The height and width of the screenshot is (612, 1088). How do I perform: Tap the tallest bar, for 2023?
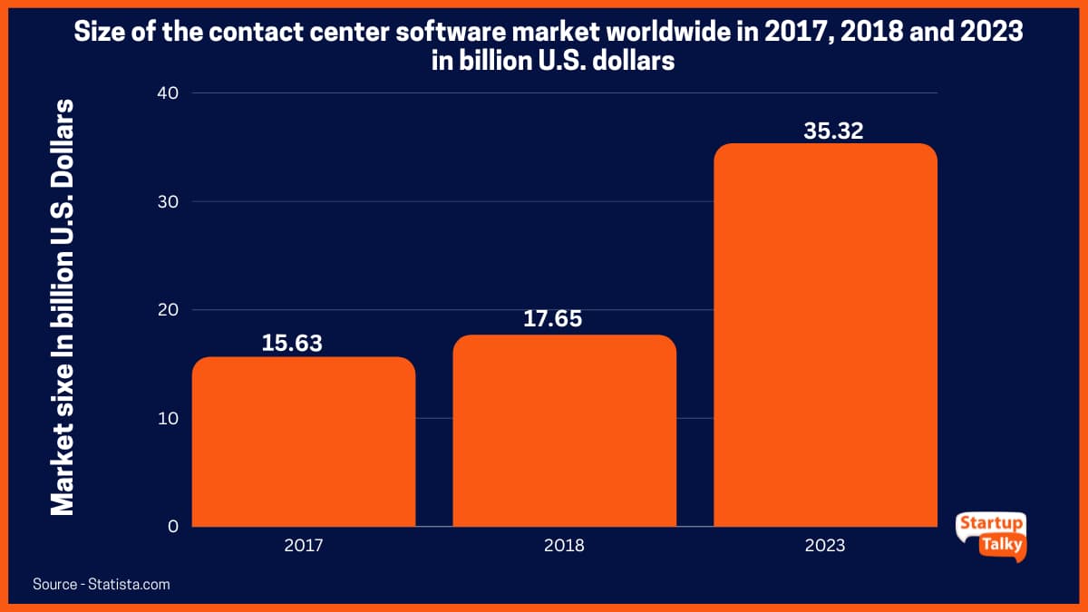pos(825,335)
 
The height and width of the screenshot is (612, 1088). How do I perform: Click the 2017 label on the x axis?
pos(304,546)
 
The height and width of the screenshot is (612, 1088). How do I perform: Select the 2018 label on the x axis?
pos(564,546)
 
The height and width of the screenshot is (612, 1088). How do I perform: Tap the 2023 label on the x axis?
pos(825,546)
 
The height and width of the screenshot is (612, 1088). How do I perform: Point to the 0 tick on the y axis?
pos(172,527)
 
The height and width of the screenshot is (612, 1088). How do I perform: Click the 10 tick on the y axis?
pos(168,419)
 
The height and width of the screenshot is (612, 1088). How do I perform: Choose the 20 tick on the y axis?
pos(168,310)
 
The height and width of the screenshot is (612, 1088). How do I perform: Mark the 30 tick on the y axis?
pos(168,201)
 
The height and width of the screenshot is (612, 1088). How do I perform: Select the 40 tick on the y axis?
pos(168,92)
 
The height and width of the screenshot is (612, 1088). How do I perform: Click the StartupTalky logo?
pos(991,536)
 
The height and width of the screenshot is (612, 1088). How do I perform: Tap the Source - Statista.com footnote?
pos(102,585)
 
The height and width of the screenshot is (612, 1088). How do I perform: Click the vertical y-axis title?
pos(63,308)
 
